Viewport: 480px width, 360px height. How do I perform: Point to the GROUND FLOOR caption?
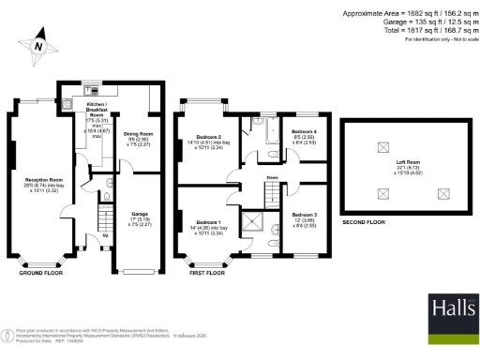[x=43, y=273]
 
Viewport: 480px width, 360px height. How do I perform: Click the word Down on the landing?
[x=272, y=176]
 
